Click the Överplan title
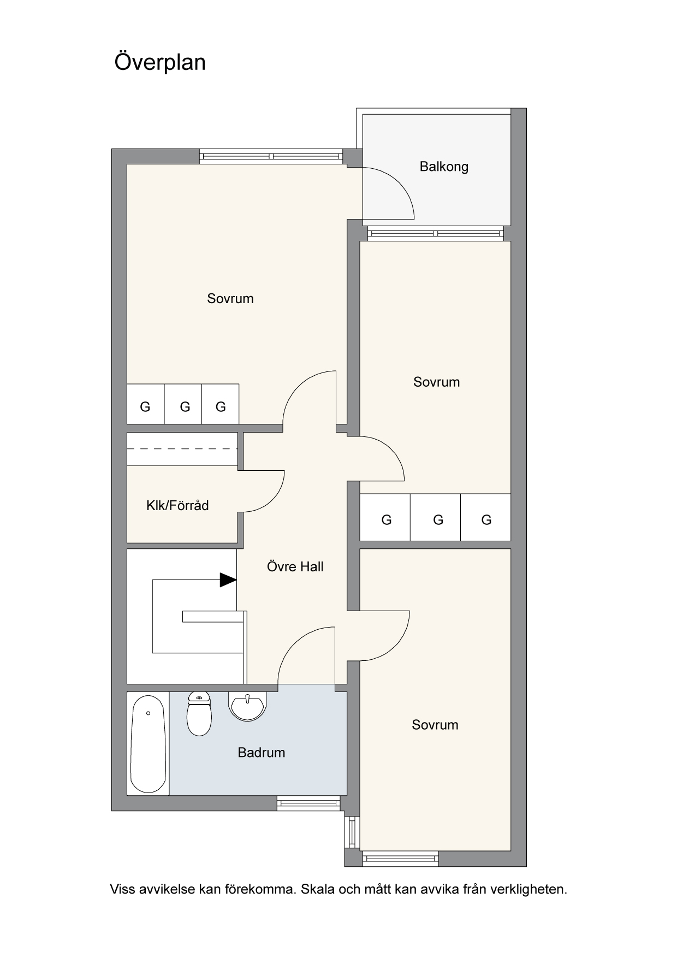click(160, 62)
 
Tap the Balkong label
click(444, 167)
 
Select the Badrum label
click(262, 753)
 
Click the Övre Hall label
click(295, 566)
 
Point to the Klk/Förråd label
click(177, 505)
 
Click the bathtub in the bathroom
click(148, 744)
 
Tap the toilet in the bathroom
click(199, 714)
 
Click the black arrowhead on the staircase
click(228, 579)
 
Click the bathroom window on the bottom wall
click(308, 803)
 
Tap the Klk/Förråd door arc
click(276, 500)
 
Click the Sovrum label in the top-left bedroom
click(230, 298)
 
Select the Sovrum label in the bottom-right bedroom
click(435, 725)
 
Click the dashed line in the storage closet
click(182, 449)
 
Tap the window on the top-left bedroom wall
click(271, 157)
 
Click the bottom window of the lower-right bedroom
click(400, 859)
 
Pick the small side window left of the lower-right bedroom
click(353, 832)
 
